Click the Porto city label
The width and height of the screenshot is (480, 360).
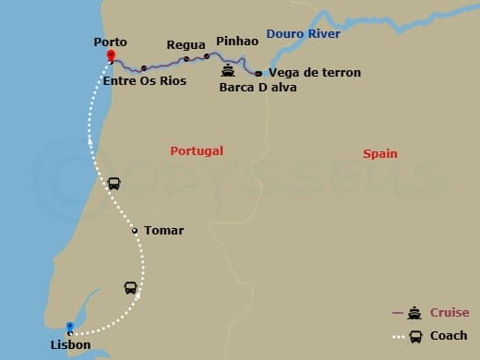tap(110, 42)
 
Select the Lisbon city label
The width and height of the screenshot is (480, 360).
tap(71, 345)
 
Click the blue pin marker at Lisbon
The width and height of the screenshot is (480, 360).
tap(69, 327)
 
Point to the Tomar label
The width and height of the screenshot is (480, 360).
tap(163, 231)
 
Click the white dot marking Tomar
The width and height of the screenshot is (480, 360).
tap(135, 231)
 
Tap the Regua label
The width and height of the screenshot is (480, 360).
tap(186, 44)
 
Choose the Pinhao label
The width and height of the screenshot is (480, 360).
tap(237, 42)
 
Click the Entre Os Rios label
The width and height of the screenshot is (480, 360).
tap(145, 81)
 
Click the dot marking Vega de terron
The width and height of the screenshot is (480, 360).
tap(258, 73)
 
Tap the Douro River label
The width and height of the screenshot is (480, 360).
tap(303, 34)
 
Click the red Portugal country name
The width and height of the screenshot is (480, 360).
tap(197, 150)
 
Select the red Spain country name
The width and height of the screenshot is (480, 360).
tap(380, 153)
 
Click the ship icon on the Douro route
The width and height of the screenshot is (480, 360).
tap(227, 69)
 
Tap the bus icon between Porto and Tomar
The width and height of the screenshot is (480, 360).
tap(114, 183)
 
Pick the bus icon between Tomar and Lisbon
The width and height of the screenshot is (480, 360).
tap(131, 288)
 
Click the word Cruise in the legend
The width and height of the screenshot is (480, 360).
tap(450, 313)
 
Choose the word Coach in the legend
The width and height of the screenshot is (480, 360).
tap(449, 336)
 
